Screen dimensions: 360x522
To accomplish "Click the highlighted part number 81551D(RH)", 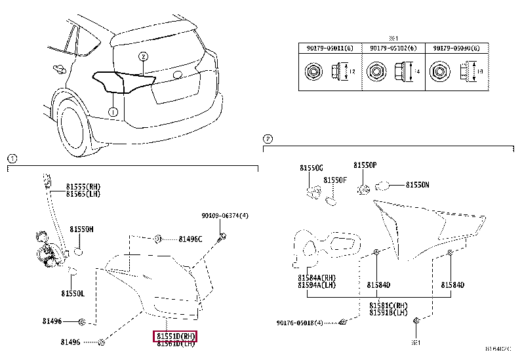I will pyautogui.click(x=176, y=336).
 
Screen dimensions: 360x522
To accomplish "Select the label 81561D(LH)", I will pyautogui.click(x=176, y=343).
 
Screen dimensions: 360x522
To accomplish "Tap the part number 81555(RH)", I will pyautogui.click(x=84, y=187).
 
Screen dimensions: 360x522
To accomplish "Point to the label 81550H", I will pyautogui.click(x=82, y=230).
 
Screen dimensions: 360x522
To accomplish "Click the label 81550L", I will pyautogui.click(x=73, y=293).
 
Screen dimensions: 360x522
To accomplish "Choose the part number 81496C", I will pyautogui.click(x=190, y=239).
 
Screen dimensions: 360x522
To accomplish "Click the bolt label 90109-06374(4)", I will pyautogui.click(x=225, y=215).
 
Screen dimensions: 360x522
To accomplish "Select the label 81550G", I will pyautogui.click(x=311, y=168).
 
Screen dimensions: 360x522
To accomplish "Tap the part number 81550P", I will pyautogui.click(x=365, y=166).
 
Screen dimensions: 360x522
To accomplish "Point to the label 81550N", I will pyautogui.click(x=418, y=186).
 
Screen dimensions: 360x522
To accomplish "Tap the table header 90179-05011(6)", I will pyautogui.click(x=329, y=47).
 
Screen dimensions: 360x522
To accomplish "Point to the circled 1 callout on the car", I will pyautogui.click(x=113, y=112).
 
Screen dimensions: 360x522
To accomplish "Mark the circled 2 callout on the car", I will pyautogui.click(x=144, y=57).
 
